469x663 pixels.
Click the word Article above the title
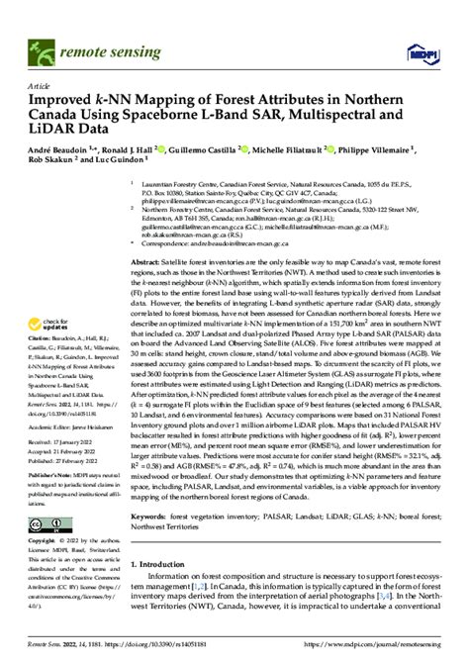tap(41, 85)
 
